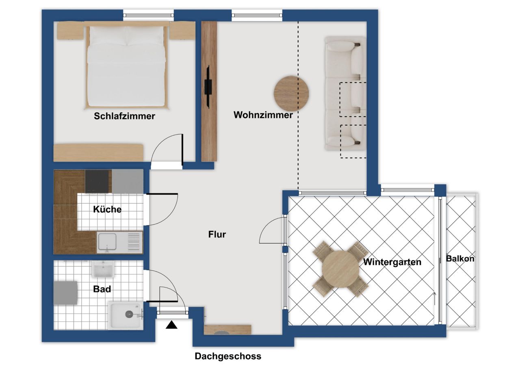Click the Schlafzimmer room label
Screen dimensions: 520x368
pyautogui.click(x=124, y=116)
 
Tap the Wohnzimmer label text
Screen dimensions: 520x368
pyautogui.click(x=263, y=115)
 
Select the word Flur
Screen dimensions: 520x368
pyautogui.click(x=217, y=234)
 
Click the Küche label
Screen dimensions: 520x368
pyautogui.click(x=107, y=209)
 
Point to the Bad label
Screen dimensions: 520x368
pyautogui.click(x=102, y=289)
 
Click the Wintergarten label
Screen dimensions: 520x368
pyautogui.click(x=392, y=262)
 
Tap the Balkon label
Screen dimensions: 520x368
pyautogui.click(x=460, y=259)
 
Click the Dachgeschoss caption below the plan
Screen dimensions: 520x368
pyautogui.click(x=228, y=356)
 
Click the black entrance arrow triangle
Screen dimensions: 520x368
pyautogui.click(x=171, y=325)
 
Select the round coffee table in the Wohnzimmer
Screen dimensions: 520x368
pyautogui.click(x=291, y=93)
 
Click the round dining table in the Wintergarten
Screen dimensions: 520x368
pyautogui.click(x=340, y=269)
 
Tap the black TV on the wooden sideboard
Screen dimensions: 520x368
pyautogui.click(x=208, y=87)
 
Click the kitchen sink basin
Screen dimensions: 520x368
pyautogui.click(x=107, y=242)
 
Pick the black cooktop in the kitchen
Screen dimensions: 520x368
pyautogui.click(x=97, y=181)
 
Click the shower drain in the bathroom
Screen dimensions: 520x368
pyautogui.click(x=129, y=314)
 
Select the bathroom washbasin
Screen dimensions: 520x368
pyautogui.click(x=103, y=269)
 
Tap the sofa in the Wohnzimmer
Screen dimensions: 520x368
pyautogui.click(x=345, y=94)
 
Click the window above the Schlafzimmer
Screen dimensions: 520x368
pyautogui.click(x=148, y=15)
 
